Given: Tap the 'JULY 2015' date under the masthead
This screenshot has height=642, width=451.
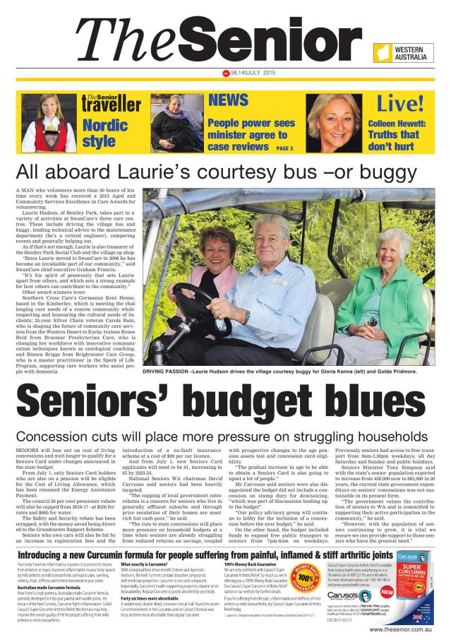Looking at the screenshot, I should pyautogui.click(x=257, y=73).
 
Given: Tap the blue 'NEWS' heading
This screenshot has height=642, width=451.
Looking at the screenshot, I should pyautogui.click(x=228, y=100).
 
